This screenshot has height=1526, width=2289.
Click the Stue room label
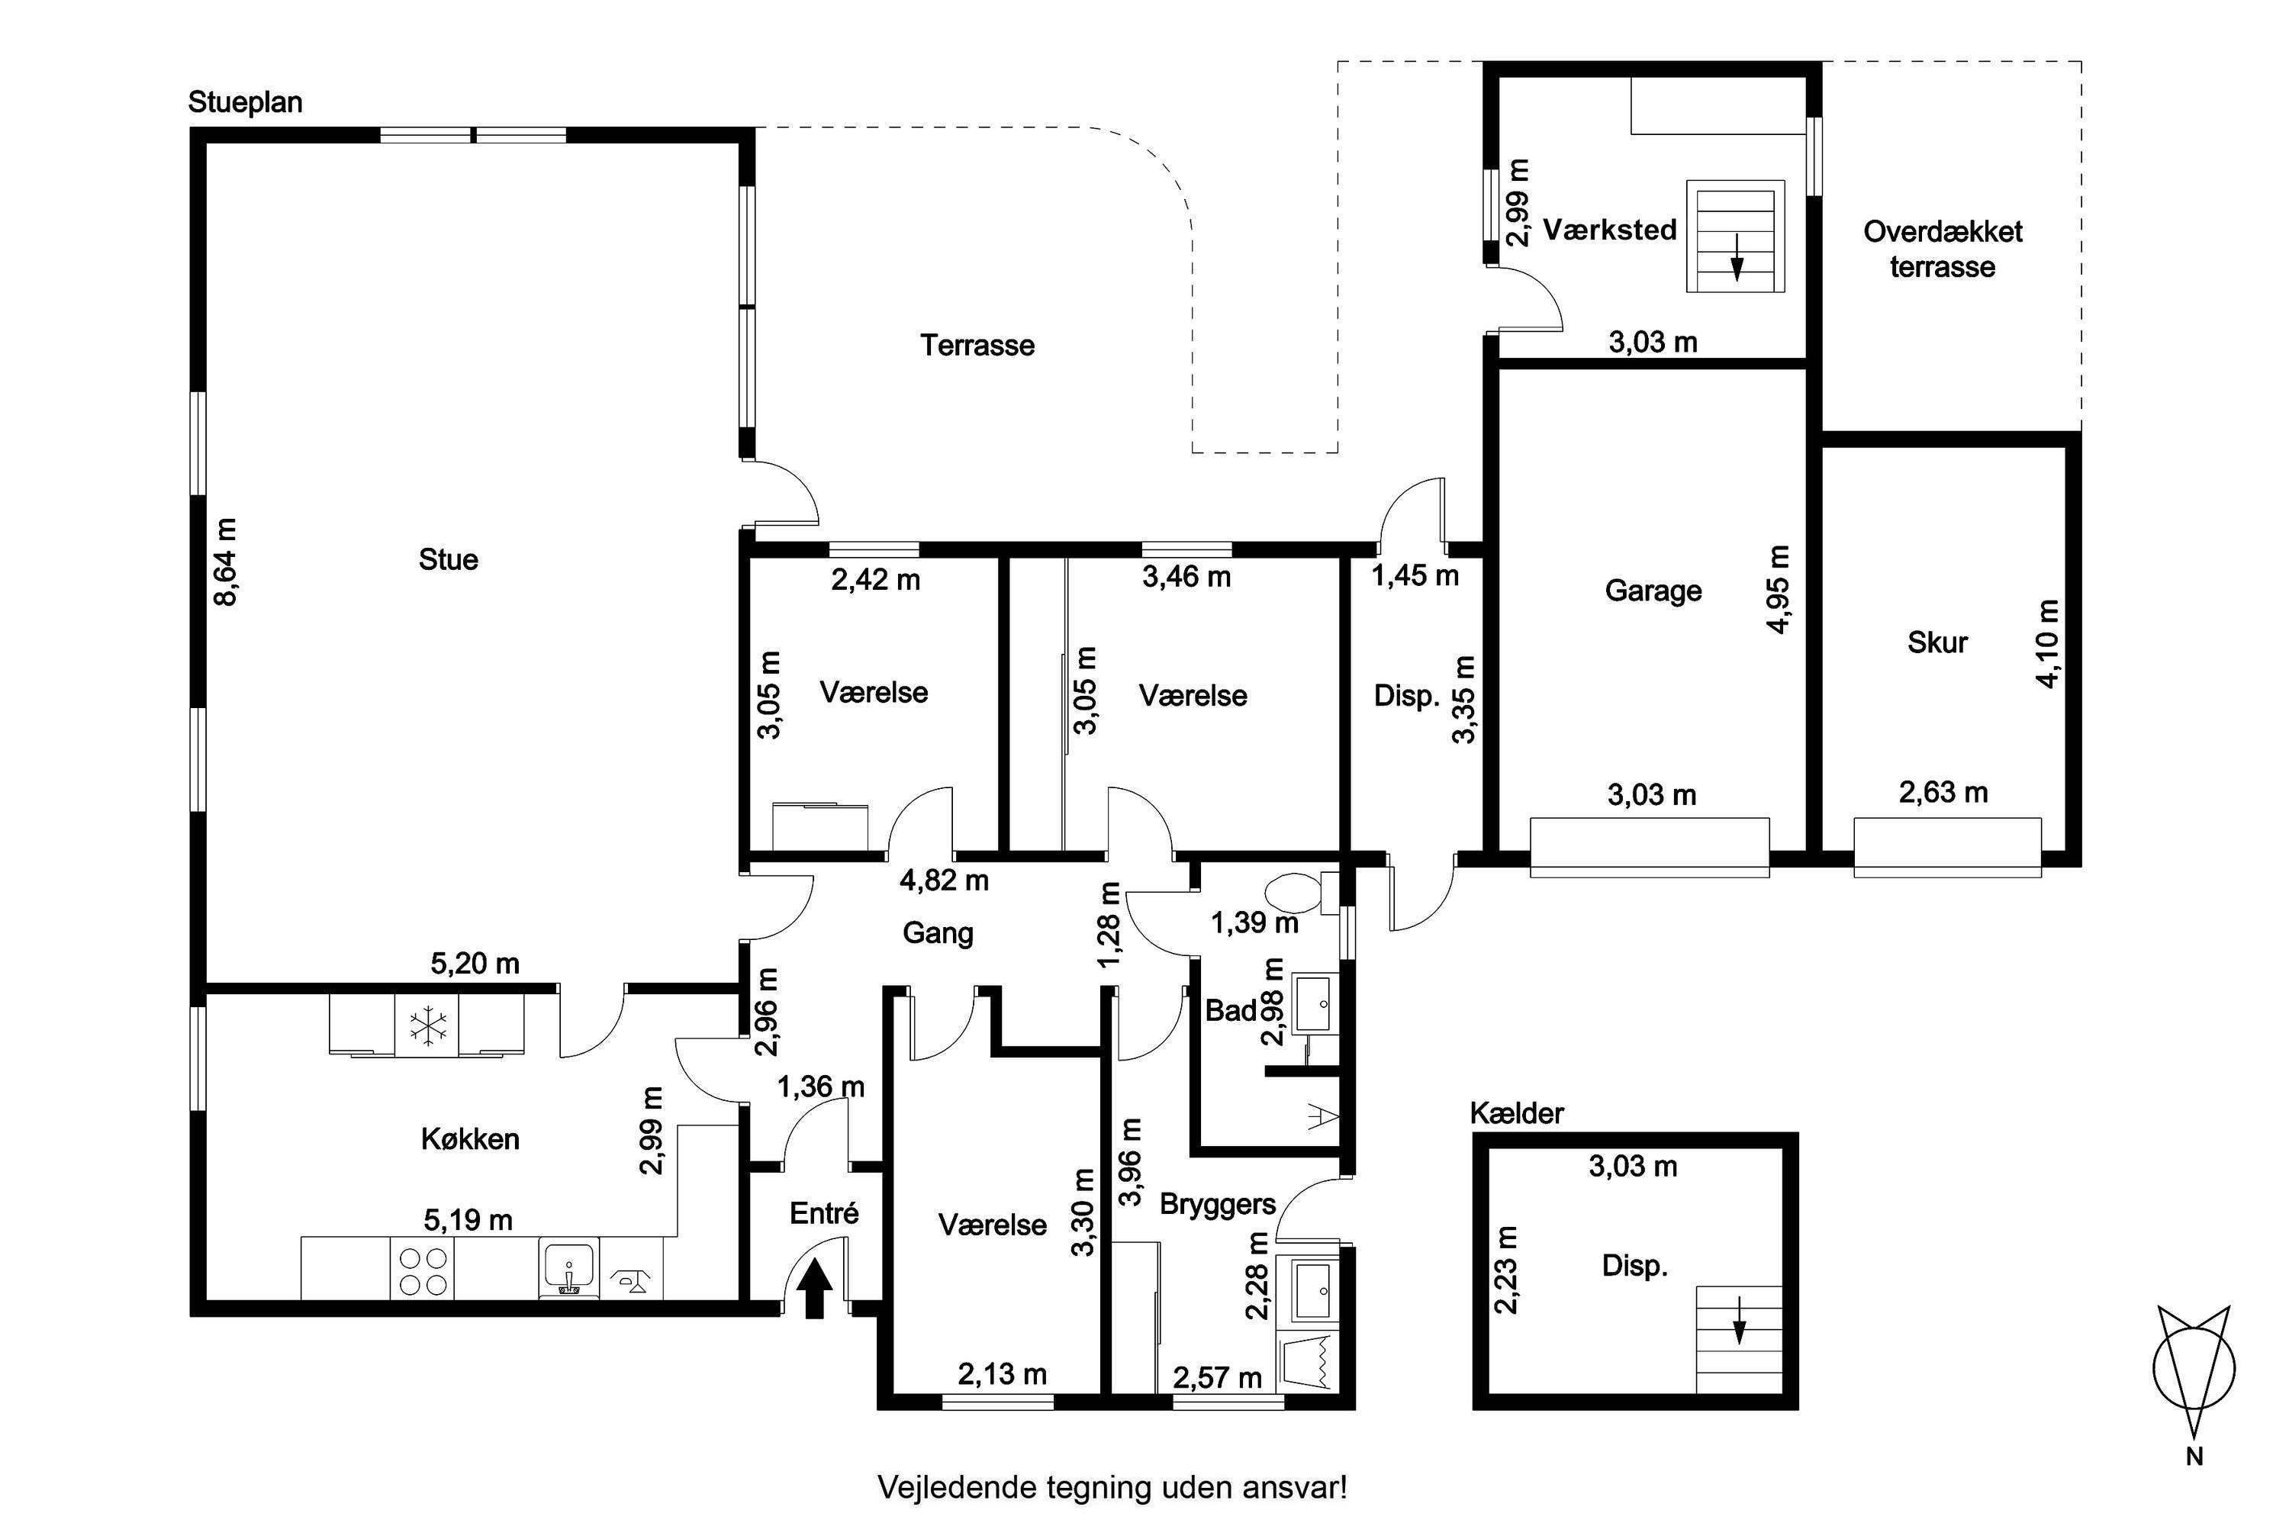(x=449, y=559)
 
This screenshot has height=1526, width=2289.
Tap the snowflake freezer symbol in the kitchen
(x=427, y=1025)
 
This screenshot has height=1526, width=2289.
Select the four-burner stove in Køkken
(x=423, y=1268)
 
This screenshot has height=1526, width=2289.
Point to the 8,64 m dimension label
(x=226, y=562)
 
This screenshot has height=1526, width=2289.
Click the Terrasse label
(x=977, y=346)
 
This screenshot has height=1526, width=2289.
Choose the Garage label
(x=1653, y=591)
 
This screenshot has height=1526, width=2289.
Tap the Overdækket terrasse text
(x=1943, y=250)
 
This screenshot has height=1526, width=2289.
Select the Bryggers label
(x=1218, y=1205)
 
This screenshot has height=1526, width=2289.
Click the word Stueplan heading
(x=245, y=103)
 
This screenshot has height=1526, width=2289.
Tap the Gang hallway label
(x=938, y=933)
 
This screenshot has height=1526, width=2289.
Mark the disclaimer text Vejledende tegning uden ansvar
(x=1112, y=1487)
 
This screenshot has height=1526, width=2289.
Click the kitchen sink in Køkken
(x=569, y=1268)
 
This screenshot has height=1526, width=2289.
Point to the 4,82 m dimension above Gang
(x=944, y=881)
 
